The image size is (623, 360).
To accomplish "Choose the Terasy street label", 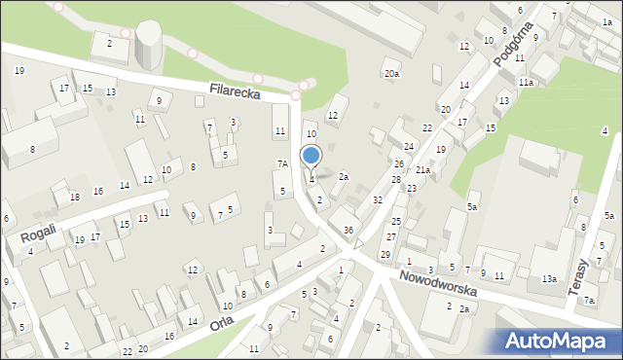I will (583, 277).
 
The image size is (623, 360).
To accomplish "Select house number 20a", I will (391, 74).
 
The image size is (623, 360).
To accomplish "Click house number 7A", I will (282, 164).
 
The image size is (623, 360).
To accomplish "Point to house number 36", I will (348, 230).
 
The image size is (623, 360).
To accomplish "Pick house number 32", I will (378, 199).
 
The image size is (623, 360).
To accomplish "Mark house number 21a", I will (422, 170).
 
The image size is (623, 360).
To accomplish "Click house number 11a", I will (526, 83).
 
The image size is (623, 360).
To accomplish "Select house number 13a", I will (550, 279).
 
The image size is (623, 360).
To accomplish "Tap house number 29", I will (385, 254).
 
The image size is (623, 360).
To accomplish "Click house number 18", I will (75, 197).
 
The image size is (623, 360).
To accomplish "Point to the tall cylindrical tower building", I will (149, 44).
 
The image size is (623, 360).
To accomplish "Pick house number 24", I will (409, 147).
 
